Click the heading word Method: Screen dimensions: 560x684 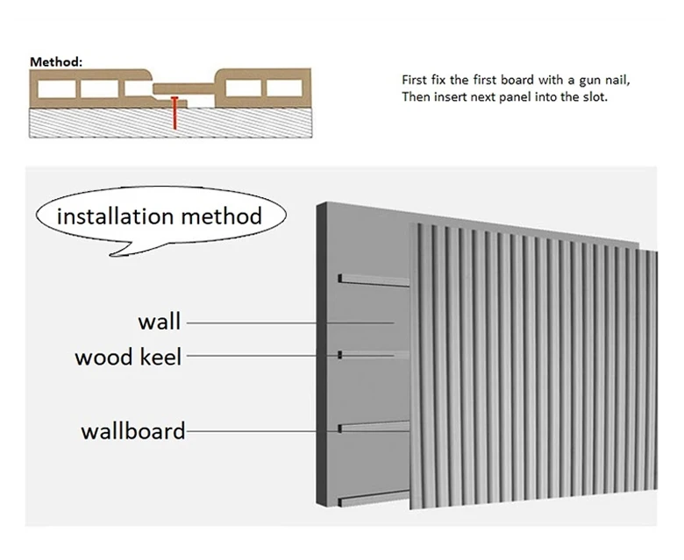click(56, 62)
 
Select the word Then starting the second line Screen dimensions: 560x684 click(416, 97)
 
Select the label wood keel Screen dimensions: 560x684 click(128, 357)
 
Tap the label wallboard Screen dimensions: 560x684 click(132, 430)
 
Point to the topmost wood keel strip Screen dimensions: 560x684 click(373, 281)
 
